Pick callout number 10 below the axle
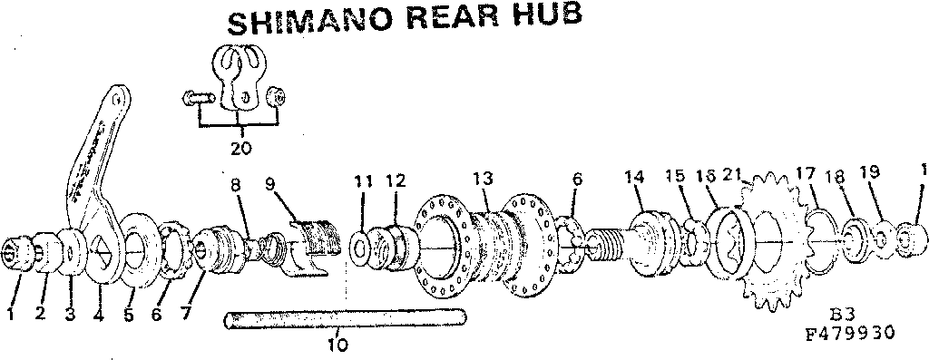tap(337, 344)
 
